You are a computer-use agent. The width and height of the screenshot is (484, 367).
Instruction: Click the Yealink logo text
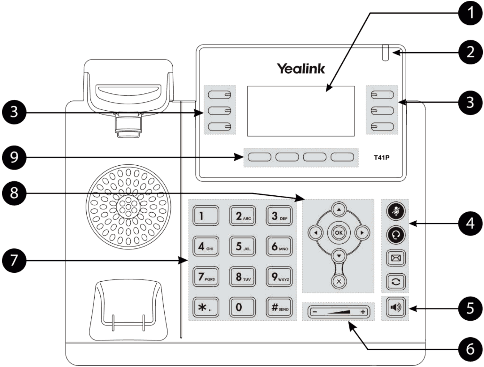[x=301, y=69]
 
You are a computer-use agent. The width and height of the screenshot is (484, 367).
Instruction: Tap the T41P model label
[x=381, y=158]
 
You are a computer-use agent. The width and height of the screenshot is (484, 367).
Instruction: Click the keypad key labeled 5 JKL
[x=242, y=246]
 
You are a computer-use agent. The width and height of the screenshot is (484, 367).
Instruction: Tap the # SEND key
[x=279, y=307]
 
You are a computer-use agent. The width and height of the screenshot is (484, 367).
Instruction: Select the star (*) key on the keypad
[x=205, y=307]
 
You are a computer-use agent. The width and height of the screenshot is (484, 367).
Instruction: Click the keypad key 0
[x=242, y=307]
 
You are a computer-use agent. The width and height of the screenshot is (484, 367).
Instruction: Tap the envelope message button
[x=396, y=258]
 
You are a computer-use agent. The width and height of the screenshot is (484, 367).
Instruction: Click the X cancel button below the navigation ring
[x=339, y=281]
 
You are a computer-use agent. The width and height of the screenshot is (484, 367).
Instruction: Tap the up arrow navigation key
[x=339, y=210]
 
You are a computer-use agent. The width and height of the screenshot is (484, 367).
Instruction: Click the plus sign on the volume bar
[x=363, y=312]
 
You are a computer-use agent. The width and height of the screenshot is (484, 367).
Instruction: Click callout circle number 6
[x=470, y=349]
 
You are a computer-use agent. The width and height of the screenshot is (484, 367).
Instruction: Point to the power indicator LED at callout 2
[x=386, y=53]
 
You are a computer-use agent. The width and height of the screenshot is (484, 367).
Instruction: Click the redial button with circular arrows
[x=396, y=281]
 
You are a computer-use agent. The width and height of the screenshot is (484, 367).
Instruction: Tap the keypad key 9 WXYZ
[x=279, y=277]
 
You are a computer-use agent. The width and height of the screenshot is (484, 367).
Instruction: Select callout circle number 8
[x=14, y=193]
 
